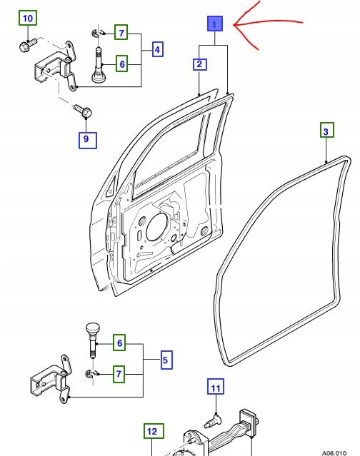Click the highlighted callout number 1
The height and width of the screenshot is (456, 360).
[x=215, y=24]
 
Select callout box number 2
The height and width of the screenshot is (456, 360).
[x=200, y=64]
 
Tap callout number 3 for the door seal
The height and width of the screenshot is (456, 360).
[x=326, y=131]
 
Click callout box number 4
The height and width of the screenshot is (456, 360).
[x=157, y=49]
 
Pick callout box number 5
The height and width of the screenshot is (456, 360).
[x=166, y=360]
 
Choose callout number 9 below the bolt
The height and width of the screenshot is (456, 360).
[x=86, y=140]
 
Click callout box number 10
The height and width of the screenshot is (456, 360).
[x=28, y=19]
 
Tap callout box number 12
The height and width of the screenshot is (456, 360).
[x=153, y=432]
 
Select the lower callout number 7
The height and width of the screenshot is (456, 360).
[x=119, y=374]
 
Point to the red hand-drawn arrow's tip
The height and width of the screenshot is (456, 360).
[x=234, y=25]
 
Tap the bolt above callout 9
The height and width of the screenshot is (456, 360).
[x=83, y=111]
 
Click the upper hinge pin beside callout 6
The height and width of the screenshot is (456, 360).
[x=98, y=64]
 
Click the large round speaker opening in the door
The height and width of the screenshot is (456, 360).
[x=158, y=227]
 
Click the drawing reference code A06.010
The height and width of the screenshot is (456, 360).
[x=334, y=453]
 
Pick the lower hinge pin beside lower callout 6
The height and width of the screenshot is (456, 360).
[x=93, y=340]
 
